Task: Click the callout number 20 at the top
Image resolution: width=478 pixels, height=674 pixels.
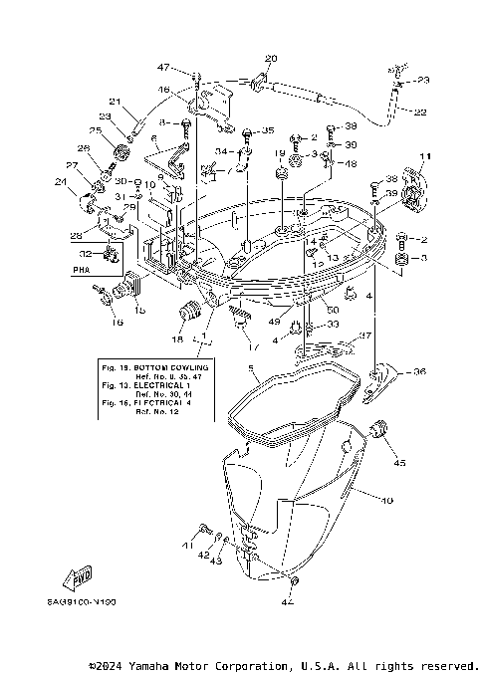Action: click(271, 59)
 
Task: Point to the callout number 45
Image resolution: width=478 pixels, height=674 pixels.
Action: click(400, 462)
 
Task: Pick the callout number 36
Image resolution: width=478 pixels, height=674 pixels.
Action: click(419, 372)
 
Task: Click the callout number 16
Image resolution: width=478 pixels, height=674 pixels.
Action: click(117, 323)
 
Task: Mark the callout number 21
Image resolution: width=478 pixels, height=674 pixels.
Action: click(115, 102)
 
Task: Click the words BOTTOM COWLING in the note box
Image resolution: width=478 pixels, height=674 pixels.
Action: click(166, 368)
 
